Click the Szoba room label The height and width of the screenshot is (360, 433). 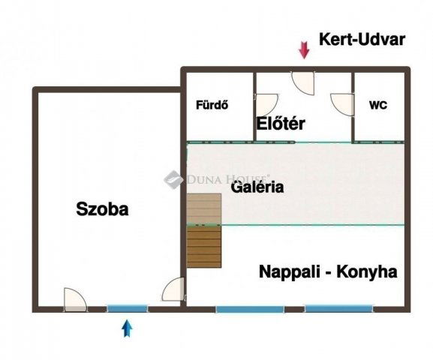(103, 210)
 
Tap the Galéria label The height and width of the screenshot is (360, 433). (257, 187)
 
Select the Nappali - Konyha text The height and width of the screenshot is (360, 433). (327, 271)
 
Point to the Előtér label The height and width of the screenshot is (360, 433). (281, 124)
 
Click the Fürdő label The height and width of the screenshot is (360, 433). (212, 106)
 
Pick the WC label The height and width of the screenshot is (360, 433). (377, 106)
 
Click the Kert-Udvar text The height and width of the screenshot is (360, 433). (362, 40)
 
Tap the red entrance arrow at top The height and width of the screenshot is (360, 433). (304, 50)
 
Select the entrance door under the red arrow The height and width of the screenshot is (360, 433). (303, 82)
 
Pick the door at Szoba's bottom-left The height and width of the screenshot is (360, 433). (74, 299)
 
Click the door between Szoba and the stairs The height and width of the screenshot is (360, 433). (173, 290)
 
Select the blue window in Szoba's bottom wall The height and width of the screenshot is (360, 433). (127, 307)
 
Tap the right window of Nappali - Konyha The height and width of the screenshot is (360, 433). (338, 307)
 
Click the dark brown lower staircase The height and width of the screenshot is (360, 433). (204, 247)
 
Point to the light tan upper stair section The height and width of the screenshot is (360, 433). (204, 208)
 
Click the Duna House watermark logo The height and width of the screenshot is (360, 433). (173, 178)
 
